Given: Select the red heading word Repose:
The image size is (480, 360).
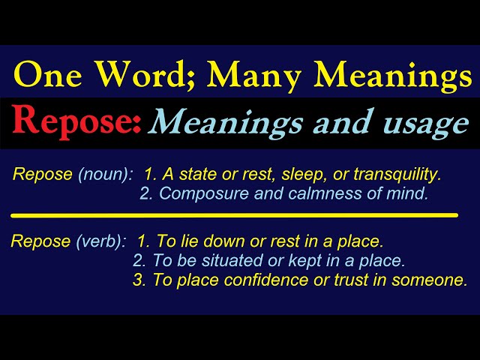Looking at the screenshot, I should coord(76,121).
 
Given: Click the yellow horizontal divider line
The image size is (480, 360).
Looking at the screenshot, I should coord(234,215).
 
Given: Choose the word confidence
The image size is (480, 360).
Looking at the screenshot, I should coord(248,280).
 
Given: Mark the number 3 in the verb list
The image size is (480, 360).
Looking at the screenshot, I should coord(138,280).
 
